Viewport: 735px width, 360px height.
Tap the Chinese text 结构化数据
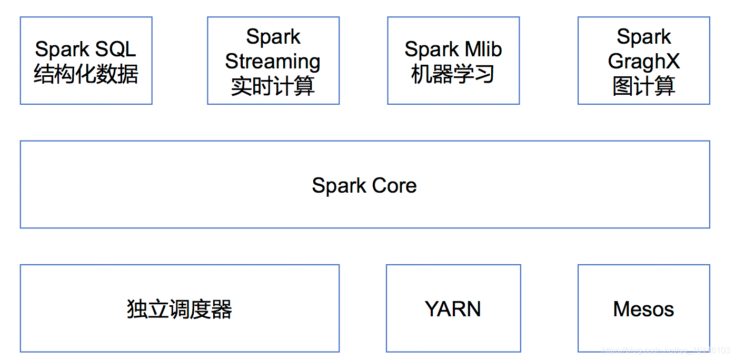click(x=86, y=74)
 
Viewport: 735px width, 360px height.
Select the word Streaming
click(x=273, y=62)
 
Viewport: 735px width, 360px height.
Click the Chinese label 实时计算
click(x=273, y=86)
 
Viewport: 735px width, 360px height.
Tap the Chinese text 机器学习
click(x=453, y=74)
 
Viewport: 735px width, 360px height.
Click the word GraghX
click(x=643, y=62)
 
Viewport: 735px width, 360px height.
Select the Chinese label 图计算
click(x=643, y=86)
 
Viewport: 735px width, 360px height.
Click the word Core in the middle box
click(x=394, y=185)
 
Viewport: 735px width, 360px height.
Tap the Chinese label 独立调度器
click(x=180, y=309)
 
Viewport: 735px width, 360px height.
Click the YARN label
click(x=453, y=309)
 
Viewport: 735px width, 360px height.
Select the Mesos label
click(x=643, y=309)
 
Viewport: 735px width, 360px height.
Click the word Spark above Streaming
click(x=273, y=37)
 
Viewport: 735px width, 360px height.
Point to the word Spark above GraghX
click(x=643, y=37)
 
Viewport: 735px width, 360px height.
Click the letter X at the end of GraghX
click(x=672, y=62)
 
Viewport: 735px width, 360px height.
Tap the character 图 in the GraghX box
click(x=622, y=86)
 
